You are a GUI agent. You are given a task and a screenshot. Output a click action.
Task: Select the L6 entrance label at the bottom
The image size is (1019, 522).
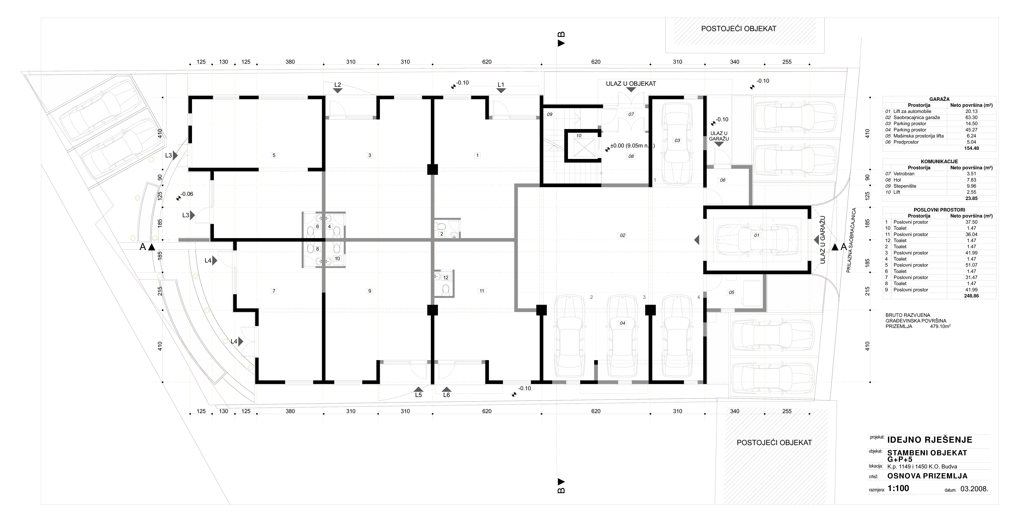[x=447, y=395]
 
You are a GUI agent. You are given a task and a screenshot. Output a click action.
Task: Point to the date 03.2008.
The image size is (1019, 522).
[x=971, y=489]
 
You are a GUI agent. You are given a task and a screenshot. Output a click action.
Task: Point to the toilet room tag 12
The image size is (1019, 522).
[x=446, y=278]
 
